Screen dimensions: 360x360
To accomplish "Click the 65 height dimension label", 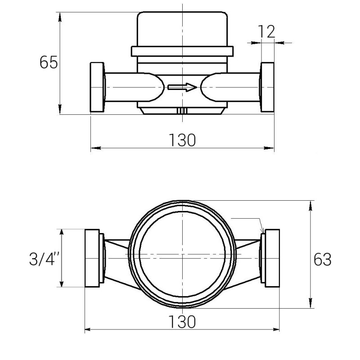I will [x=49, y=63].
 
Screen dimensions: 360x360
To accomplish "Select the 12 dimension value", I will [x=266, y=31].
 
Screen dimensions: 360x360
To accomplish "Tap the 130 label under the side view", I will [x=182, y=140].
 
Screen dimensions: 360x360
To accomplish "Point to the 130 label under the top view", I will [x=182, y=322].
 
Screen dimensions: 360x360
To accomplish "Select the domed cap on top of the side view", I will [x=182, y=28].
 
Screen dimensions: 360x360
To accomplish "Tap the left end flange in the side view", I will [x=97, y=87].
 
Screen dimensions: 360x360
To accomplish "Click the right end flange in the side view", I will [x=268, y=87].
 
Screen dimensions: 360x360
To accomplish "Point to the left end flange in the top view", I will [x=92, y=258].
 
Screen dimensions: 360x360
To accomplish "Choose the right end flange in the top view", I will [x=273, y=258].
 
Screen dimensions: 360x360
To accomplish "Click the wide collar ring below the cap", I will [x=182, y=51].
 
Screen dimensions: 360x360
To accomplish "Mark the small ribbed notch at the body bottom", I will [x=182, y=111].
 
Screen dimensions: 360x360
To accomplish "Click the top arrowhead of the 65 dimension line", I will [x=60, y=15].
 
